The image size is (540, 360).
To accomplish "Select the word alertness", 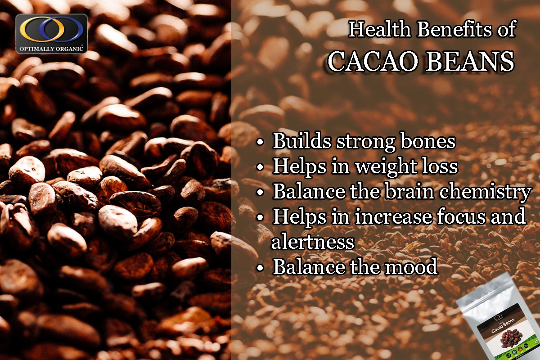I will [x=313, y=243].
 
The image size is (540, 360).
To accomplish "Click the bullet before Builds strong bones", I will [x=260, y=143].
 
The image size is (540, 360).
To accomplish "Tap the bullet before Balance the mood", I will [x=260, y=268].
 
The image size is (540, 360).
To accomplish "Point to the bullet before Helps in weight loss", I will [x=260, y=168].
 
